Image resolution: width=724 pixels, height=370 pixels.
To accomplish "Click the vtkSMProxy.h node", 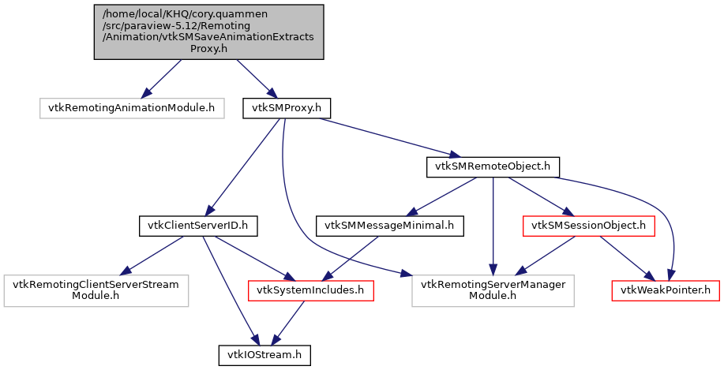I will [286, 107].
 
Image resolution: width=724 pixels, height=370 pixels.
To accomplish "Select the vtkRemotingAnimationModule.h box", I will [130, 107].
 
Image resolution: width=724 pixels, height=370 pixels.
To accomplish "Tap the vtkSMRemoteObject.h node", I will [493, 167].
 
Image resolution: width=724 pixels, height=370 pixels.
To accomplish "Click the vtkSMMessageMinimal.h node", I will [390, 226].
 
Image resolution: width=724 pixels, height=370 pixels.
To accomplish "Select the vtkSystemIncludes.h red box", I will [310, 290].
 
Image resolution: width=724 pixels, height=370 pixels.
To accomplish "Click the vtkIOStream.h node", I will [264, 355].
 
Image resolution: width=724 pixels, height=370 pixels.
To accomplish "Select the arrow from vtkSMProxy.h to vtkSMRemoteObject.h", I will [387, 137].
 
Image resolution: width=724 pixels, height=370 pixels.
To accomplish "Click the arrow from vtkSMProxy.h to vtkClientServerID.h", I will [246, 166].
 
